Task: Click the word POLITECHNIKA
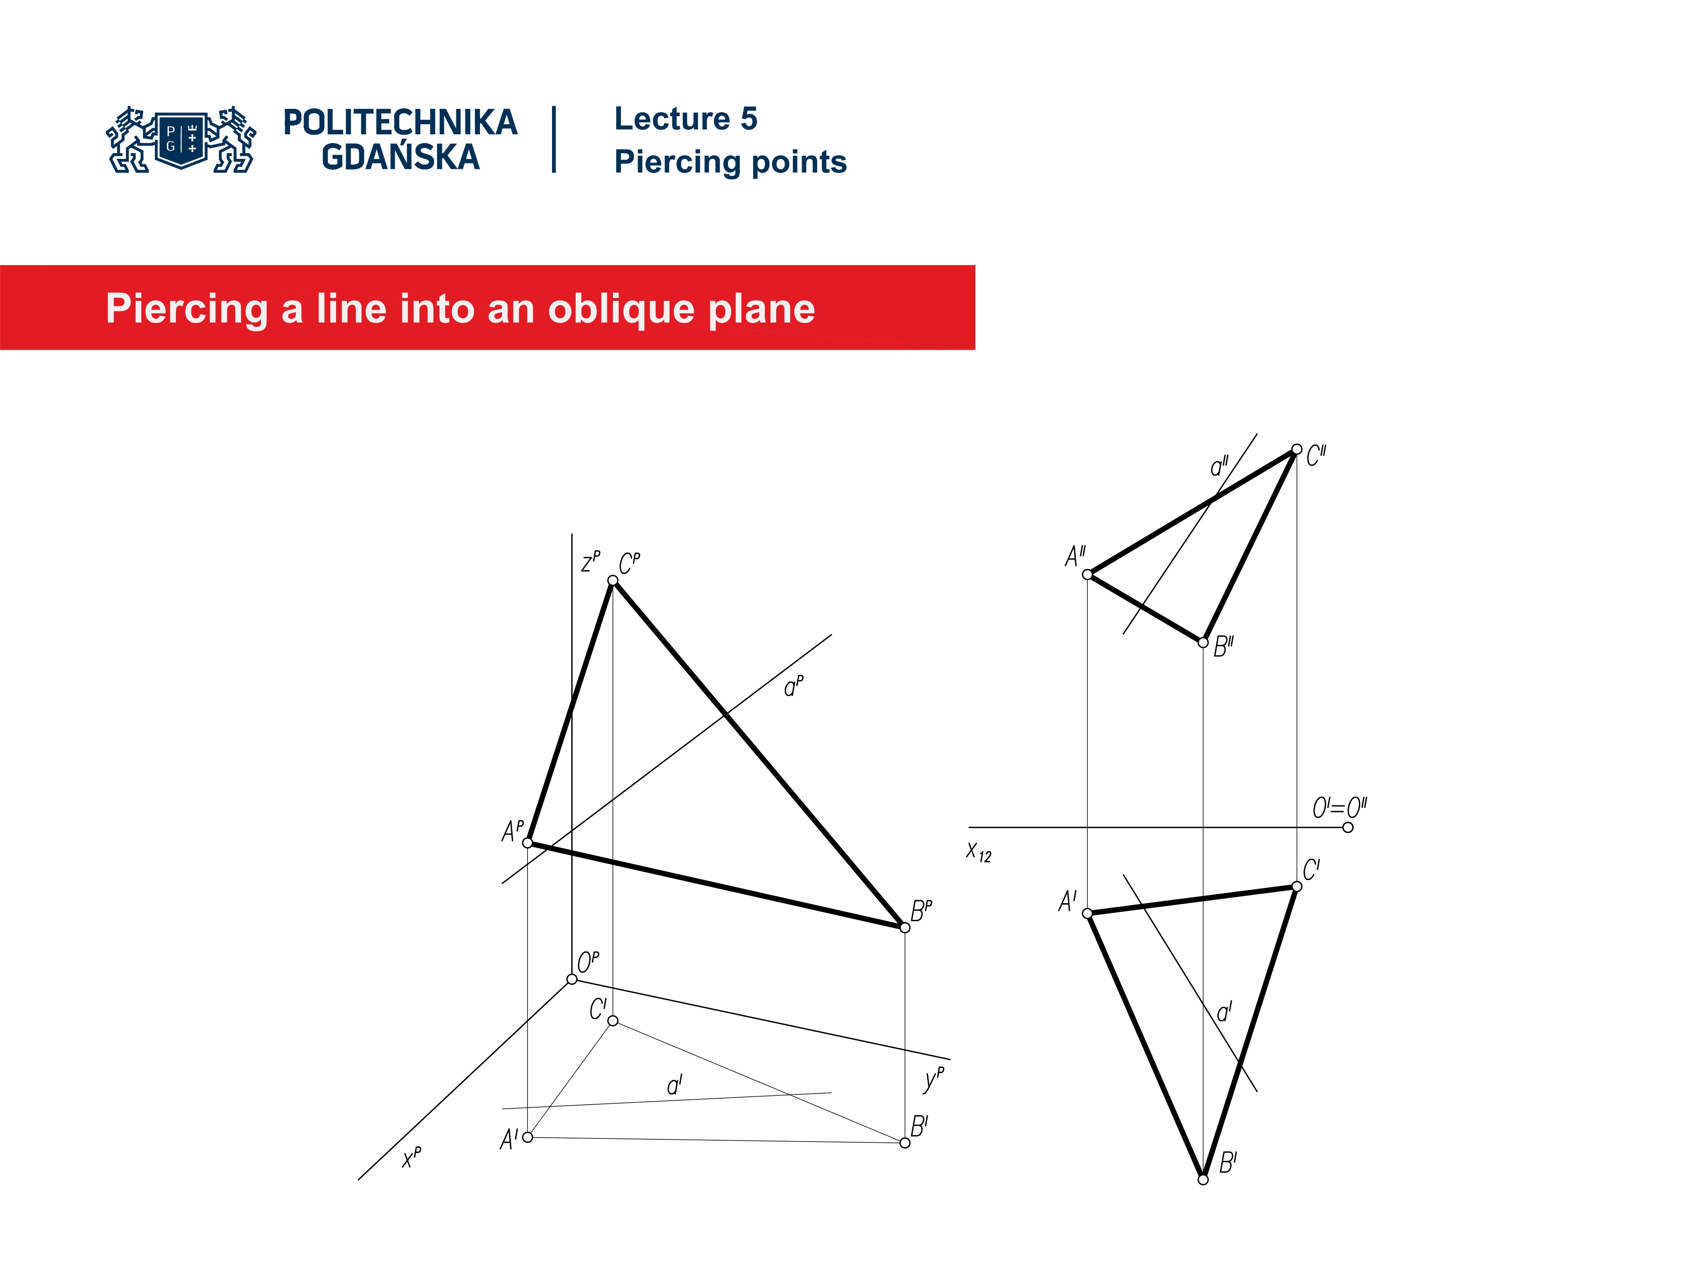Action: pos(400,122)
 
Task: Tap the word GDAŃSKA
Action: pos(400,158)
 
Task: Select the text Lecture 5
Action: pos(685,119)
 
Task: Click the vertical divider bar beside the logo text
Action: pos(554,140)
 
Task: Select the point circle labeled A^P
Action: pos(527,843)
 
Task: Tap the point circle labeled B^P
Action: pos(905,928)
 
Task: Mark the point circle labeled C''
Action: pos(1297,449)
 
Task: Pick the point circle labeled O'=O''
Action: pos(1348,827)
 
